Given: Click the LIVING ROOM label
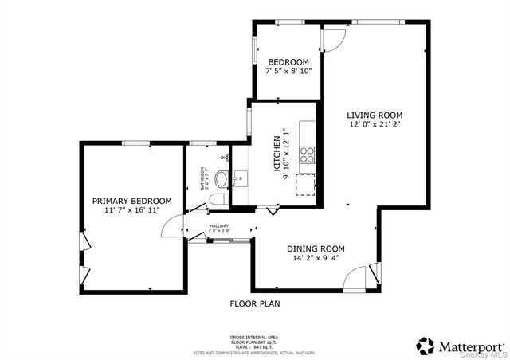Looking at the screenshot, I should [x=375, y=115].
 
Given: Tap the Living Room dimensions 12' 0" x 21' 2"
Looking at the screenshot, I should [x=375, y=124].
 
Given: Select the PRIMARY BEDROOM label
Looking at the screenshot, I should [x=131, y=201].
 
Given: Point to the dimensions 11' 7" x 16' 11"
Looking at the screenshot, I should [x=131, y=210].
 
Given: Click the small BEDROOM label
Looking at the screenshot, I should [x=288, y=62].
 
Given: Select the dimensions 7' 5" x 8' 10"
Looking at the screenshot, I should [x=288, y=72].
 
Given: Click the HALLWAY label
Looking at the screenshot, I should [x=219, y=225].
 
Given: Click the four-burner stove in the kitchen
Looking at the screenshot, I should [x=307, y=155].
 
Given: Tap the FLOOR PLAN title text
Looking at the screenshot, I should [x=255, y=303].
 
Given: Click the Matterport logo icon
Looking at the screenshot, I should [x=426, y=345].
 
